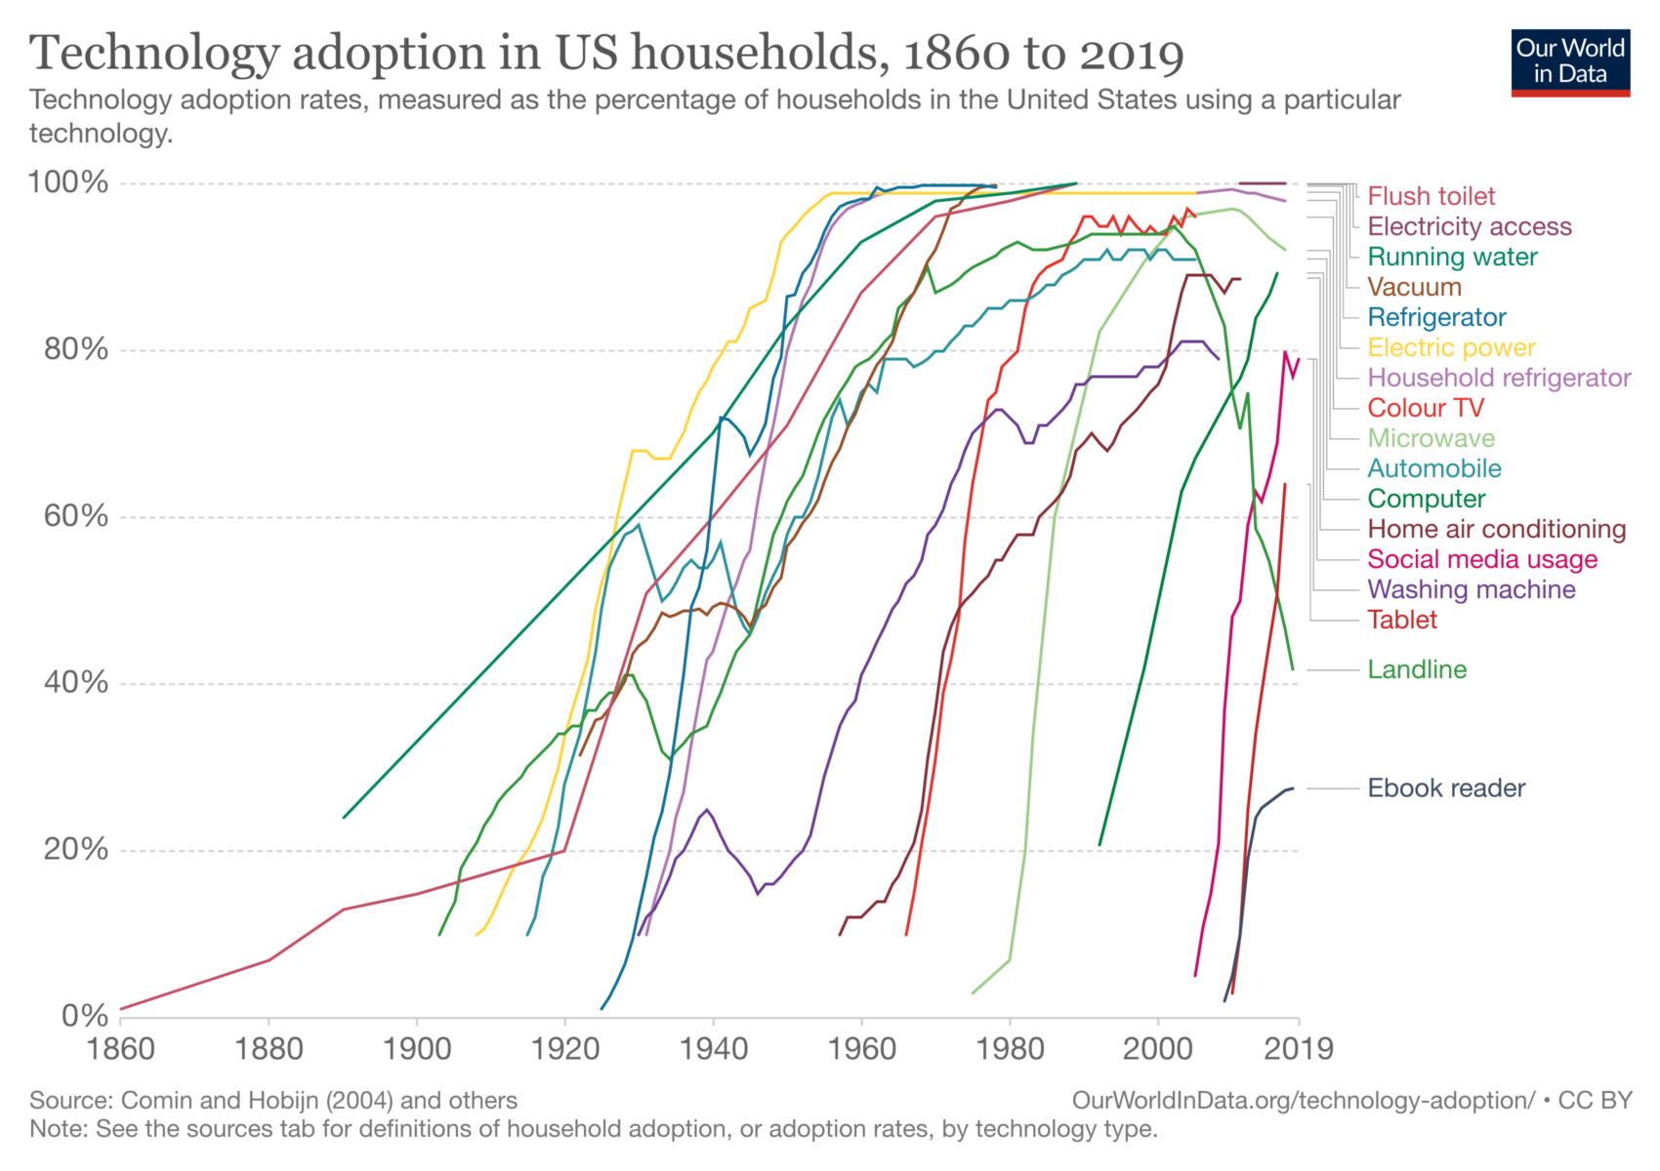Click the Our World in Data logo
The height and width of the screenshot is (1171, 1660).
click(1570, 61)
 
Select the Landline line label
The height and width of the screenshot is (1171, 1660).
click(1417, 669)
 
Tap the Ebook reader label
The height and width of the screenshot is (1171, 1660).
click(1446, 788)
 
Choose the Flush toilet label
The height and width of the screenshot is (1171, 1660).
click(1431, 196)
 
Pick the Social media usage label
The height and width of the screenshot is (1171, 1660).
click(1482, 559)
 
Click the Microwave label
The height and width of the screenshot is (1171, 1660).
click(1431, 438)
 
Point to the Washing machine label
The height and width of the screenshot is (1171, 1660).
click(1472, 589)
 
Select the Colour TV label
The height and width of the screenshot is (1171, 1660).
click(1426, 408)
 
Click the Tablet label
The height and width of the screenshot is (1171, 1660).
click(1402, 620)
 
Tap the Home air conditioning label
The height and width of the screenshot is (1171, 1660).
click(1496, 529)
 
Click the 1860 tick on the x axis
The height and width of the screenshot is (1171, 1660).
click(121, 1049)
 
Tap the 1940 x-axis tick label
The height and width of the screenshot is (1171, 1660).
click(714, 1049)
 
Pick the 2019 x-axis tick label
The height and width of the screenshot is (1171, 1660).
click(1299, 1049)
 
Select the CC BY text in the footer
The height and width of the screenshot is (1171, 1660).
click(1596, 1101)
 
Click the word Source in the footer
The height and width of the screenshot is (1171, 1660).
click(67, 1101)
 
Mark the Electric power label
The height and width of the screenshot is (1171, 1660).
click(1451, 347)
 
